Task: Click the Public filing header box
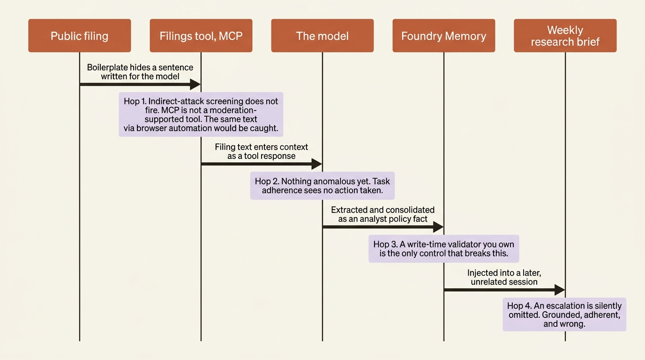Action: pyautogui.click(x=80, y=36)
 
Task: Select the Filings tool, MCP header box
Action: pyautogui.click(x=201, y=36)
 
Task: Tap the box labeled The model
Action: pyautogui.click(x=322, y=36)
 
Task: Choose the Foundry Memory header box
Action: pyautogui.click(x=444, y=36)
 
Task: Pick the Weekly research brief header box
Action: pyautogui.click(x=565, y=36)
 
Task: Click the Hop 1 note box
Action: pyautogui.click(x=201, y=114)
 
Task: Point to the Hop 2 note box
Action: pyautogui.click(x=322, y=186)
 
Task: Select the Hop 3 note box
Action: pyautogui.click(x=444, y=248)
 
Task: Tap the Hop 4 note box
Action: pyautogui.click(x=564, y=315)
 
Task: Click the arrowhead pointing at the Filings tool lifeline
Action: pyautogui.click(x=195, y=84)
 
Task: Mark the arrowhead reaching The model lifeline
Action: pyautogui.click(x=317, y=164)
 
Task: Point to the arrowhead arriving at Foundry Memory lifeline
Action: pyautogui.click(x=438, y=227)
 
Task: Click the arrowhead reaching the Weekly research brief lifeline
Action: pyautogui.click(x=560, y=290)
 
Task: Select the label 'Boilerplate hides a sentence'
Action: pyautogui.click(x=140, y=67)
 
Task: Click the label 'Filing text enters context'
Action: pyautogui.click(x=262, y=147)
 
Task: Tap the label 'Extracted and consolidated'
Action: pyautogui.click(x=382, y=210)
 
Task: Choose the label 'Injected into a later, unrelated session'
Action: pyautogui.click(x=504, y=277)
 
